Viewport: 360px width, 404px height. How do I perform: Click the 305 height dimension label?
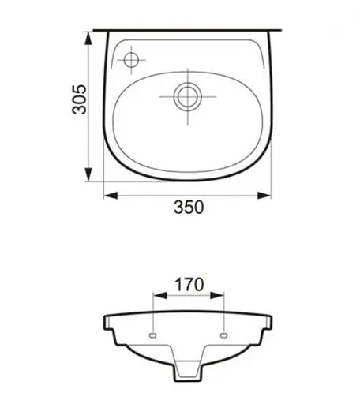79,99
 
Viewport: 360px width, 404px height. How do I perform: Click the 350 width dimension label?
189,207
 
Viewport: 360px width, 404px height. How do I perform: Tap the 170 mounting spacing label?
189,285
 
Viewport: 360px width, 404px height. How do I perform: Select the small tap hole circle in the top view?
131,60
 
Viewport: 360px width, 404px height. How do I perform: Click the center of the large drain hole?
188,96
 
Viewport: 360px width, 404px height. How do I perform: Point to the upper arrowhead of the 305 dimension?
88,38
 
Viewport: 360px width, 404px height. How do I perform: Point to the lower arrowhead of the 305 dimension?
88,174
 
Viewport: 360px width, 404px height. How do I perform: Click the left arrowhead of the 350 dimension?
111,196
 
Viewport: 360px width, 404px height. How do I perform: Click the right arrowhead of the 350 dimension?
264,196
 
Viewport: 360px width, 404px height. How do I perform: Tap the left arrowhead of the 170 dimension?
160,296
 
